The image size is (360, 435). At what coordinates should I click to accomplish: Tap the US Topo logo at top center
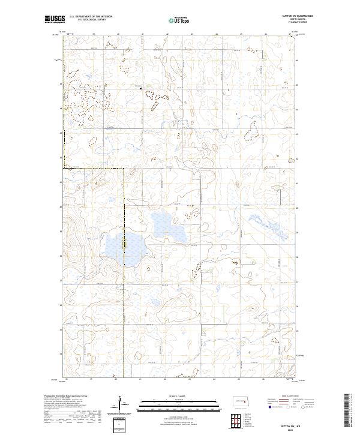coord(180,20)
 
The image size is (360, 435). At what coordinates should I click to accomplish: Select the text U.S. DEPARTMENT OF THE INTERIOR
coord(90,17)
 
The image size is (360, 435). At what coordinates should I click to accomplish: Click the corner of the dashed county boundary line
coord(124,169)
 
